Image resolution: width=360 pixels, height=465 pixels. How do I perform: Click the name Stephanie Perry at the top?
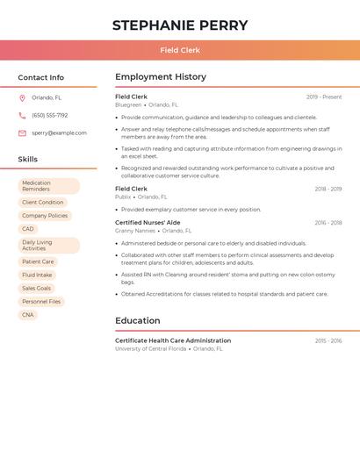(x=180, y=25)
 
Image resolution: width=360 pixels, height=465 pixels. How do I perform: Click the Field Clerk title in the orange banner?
(x=180, y=50)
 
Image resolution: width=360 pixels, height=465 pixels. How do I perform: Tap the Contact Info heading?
(x=41, y=77)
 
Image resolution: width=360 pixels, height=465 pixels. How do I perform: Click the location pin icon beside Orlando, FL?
(x=22, y=97)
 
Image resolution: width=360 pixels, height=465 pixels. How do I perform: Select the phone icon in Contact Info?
(x=22, y=115)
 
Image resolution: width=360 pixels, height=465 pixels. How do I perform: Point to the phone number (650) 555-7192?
(x=49, y=115)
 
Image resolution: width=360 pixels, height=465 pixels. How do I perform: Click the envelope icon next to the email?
(x=22, y=132)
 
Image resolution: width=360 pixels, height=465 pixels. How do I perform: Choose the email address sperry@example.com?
(x=59, y=132)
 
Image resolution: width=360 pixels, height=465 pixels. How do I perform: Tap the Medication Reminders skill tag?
(x=48, y=186)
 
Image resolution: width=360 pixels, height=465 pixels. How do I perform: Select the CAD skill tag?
(x=28, y=229)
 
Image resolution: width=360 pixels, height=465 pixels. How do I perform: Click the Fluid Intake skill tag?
(x=37, y=275)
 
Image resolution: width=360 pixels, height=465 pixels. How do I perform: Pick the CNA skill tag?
(x=28, y=314)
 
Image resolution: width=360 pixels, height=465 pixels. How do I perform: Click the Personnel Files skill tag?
(x=41, y=301)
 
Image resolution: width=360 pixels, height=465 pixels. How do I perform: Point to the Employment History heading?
(x=161, y=77)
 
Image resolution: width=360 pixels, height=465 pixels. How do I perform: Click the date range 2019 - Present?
(x=324, y=97)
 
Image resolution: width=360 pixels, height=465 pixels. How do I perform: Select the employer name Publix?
(x=123, y=197)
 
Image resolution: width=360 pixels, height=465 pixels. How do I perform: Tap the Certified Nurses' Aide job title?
(x=148, y=223)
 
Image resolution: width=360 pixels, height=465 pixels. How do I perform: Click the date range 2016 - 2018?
(x=328, y=223)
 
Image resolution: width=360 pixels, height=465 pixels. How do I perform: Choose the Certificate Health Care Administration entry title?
(x=173, y=340)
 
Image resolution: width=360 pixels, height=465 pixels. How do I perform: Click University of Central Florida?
(x=150, y=348)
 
